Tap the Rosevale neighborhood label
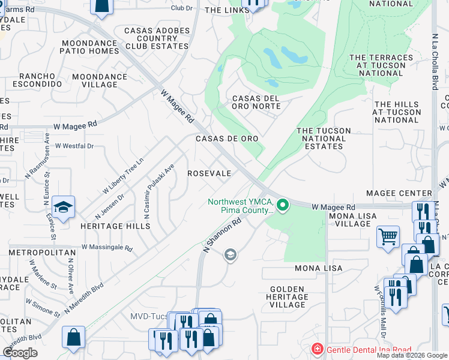pos(209,173)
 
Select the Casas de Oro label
pos(228,139)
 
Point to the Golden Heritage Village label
pos(288,297)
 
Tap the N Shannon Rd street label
pos(222,235)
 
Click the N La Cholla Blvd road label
pos(435,59)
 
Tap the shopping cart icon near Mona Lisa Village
pos(388,235)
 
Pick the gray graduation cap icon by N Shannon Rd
pos(229,256)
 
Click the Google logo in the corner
pos(20,353)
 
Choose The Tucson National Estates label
pos(322,139)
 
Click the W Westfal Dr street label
pos(74,146)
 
